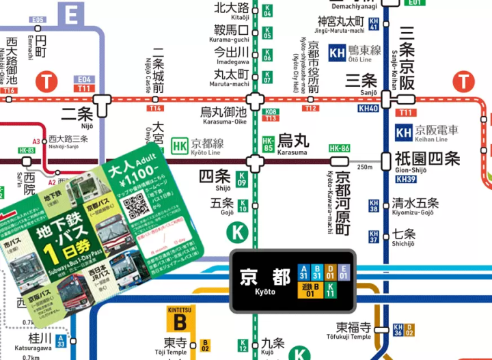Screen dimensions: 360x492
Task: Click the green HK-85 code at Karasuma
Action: [268, 144]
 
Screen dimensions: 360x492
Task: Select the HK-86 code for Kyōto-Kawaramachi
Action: [340, 148]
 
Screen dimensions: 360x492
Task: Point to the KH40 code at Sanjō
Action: [368, 109]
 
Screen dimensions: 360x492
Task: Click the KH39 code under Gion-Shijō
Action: [405, 180]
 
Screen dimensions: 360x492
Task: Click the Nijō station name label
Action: [77, 114]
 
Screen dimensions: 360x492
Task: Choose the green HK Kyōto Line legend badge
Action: [180, 145]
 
